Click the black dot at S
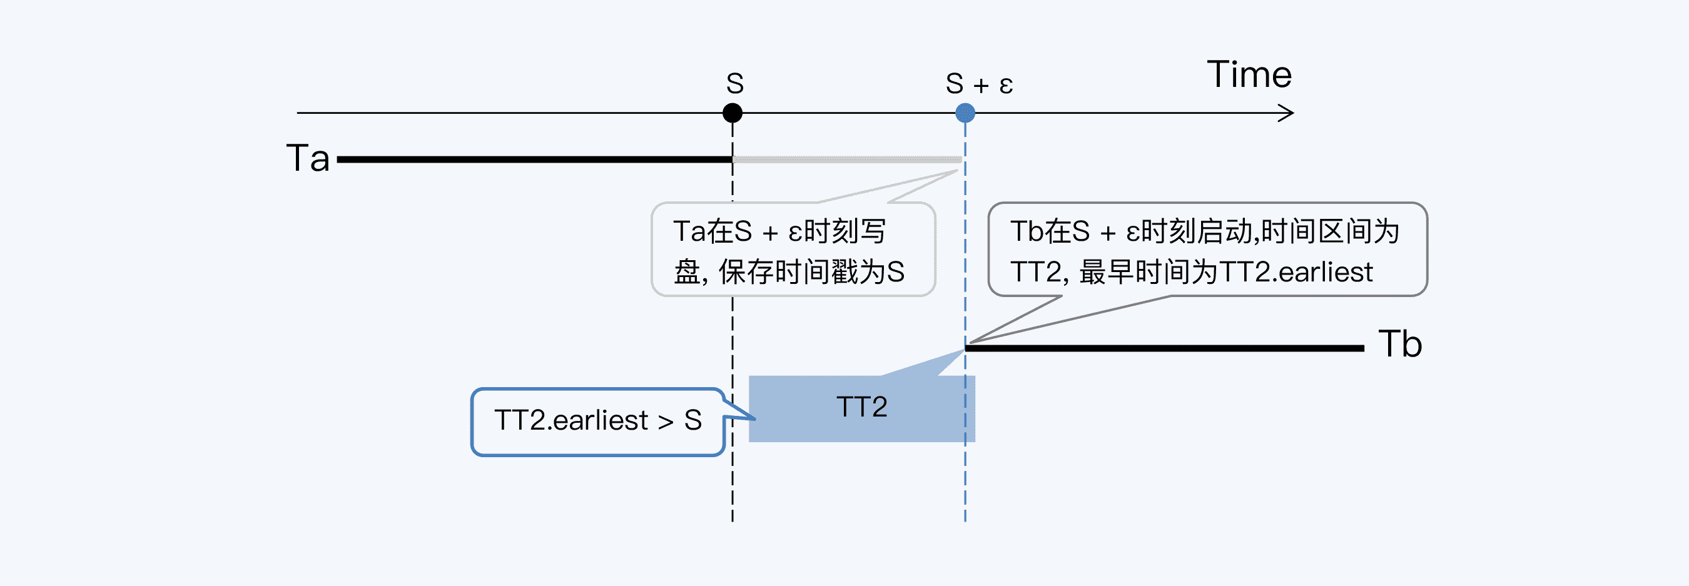(x=733, y=113)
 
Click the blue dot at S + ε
(x=965, y=113)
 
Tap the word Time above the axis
(x=1249, y=74)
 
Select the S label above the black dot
(x=734, y=84)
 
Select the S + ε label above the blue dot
(x=979, y=84)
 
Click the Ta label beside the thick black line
(x=308, y=158)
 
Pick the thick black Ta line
(x=534, y=159)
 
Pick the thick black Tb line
(x=1164, y=348)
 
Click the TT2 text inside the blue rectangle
(x=861, y=407)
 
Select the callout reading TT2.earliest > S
(x=597, y=421)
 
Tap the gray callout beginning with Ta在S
(x=793, y=250)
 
